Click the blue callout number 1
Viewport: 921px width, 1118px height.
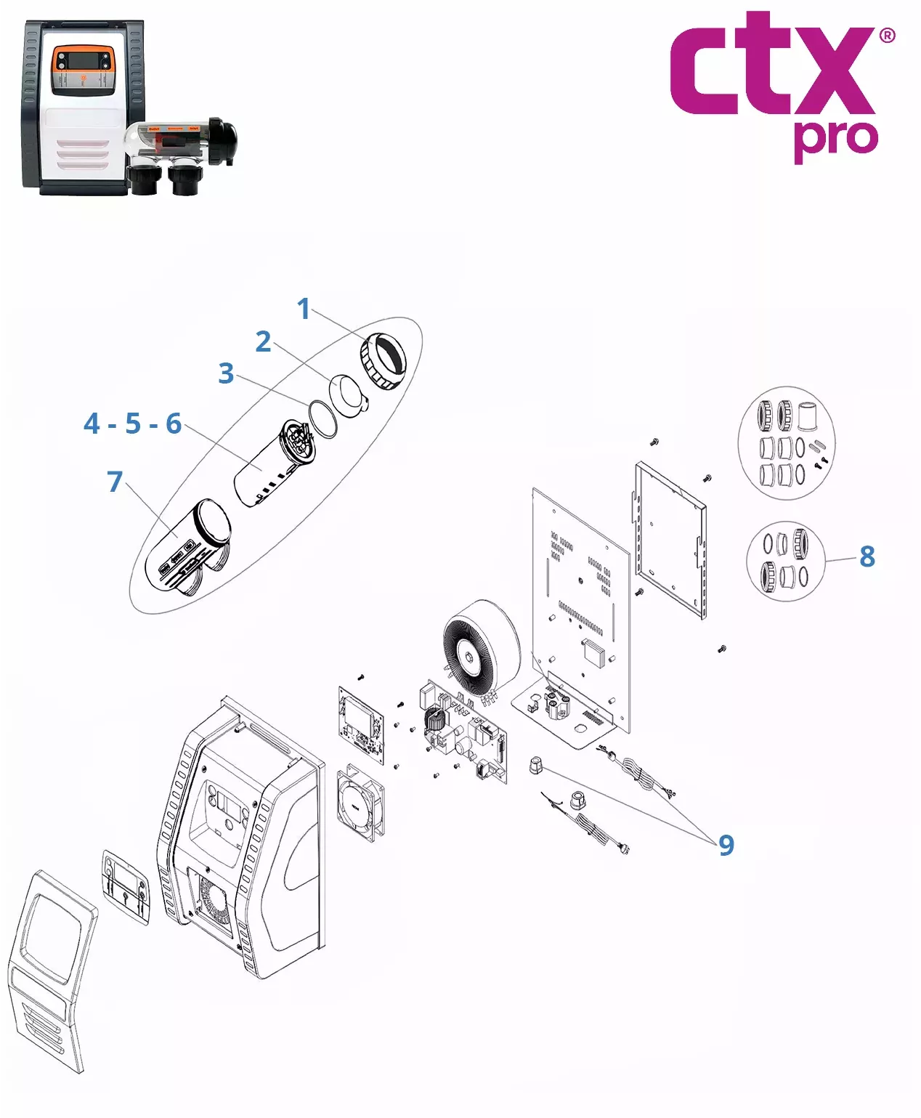(304, 309)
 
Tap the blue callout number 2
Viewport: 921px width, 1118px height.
(263, 341)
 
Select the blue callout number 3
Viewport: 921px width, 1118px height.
(226, 373)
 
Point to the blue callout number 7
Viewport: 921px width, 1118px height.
(115, 482)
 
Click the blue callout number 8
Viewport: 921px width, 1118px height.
(867, 556)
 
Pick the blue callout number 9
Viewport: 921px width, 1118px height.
(726, 846)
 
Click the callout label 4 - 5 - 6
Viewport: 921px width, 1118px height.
(133, 424)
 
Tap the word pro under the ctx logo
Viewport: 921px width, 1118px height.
(835, 140)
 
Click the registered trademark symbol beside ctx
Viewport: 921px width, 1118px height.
(887, 36)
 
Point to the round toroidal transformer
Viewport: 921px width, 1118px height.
(481, 647)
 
